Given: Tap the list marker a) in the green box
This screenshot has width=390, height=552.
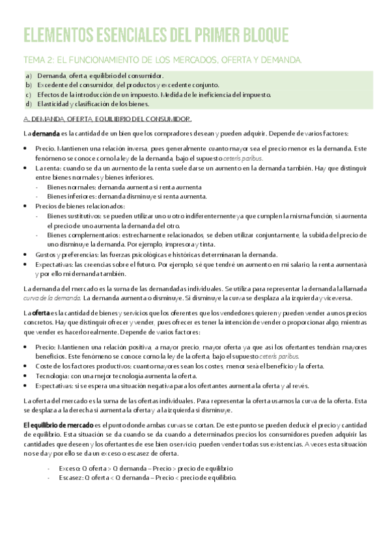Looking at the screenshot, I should (x=29, y=76).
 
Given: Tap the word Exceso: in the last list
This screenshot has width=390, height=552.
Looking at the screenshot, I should (x=70, y=468).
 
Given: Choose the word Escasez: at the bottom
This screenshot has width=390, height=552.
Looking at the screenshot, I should (x=71, y=477).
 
